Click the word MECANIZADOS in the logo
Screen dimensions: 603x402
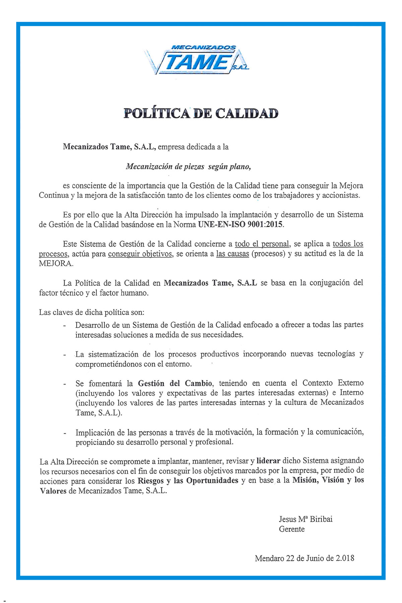click(203, 48)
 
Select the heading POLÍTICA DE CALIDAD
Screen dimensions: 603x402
click(201, 114)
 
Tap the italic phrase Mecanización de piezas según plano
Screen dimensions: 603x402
click(188, 166)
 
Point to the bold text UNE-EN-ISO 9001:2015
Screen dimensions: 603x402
click(241, 224)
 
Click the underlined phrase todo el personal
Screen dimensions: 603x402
click(262, 244)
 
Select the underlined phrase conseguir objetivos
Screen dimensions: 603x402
click(140, 254)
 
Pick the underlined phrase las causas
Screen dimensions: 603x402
click(232, 254)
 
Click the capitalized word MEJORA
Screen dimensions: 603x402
click(55, 263)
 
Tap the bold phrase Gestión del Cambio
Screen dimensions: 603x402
click(175, 383)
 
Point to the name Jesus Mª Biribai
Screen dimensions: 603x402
click(306, 519)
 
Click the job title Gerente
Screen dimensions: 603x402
click(292, 529)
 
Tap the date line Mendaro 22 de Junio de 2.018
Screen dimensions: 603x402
click(305, 558)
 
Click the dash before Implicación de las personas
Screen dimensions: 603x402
click(65, 433)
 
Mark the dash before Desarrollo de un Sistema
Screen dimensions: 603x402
click(65, 326)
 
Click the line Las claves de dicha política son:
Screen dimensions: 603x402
click(92, 313)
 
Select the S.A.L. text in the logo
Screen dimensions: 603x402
click(241, 68)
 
